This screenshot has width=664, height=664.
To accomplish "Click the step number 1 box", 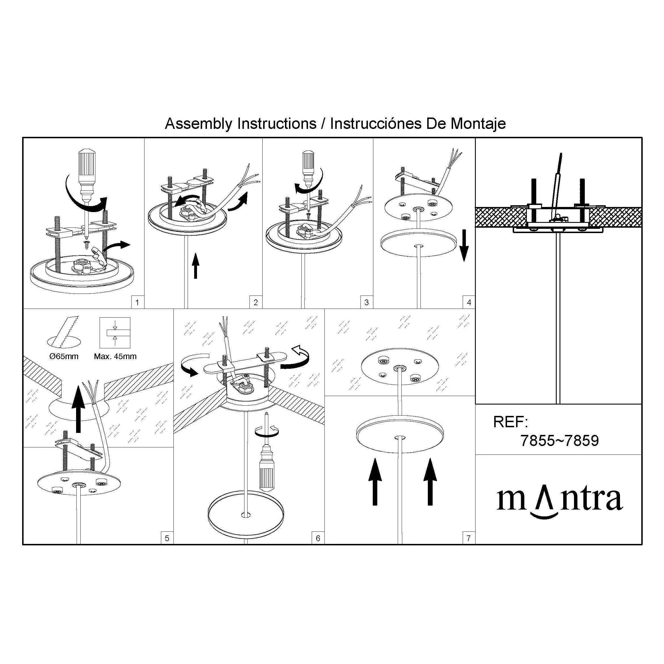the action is (137, 302).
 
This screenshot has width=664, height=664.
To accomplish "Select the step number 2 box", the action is (256, 302).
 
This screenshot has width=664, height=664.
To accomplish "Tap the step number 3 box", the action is (367, 302).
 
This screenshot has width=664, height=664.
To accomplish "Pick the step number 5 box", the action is (167, 538).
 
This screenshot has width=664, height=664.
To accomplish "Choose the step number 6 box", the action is (318, 538).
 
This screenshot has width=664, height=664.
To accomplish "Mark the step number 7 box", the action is (469, 538).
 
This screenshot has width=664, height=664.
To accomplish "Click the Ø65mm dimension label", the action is (64, 356).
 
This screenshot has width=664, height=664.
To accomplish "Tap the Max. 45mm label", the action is (115, 356).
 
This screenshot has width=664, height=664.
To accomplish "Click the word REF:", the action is (510, 422).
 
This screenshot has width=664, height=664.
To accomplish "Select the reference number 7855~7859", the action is (560, 441).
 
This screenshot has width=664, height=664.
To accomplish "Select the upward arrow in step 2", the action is (196, 266).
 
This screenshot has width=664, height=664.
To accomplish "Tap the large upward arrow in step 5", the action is (78, 409).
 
